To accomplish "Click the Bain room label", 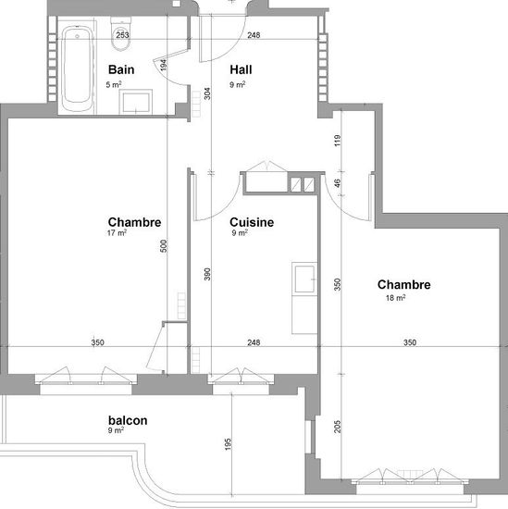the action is coord(121,69).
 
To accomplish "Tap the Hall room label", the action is coord(241,69).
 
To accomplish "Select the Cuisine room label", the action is coord(252,222).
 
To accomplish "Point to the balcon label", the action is coord(128,420).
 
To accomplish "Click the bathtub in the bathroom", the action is coord(77,68).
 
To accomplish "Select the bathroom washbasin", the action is coord(136,102).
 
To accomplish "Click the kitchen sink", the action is coord(304,279).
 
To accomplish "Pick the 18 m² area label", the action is coord(396,298).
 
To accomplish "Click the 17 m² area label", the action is coord(117,232).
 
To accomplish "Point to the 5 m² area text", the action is coord(114,85).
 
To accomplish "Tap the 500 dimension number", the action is coord(164,246).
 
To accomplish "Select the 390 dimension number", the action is coord(207,274).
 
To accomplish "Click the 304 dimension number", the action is coord(207,93).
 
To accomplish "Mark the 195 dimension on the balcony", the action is coord(228,444).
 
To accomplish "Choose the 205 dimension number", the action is coord(338,427).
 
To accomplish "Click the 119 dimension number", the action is coord(338,141).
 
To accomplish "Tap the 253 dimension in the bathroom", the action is coord(122,35).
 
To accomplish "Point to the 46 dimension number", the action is coord(338,183).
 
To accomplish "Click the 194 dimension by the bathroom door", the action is coord(164,65).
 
